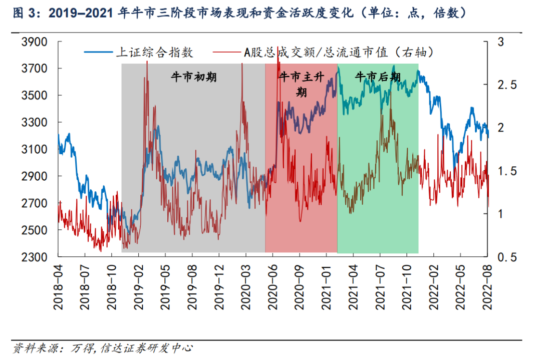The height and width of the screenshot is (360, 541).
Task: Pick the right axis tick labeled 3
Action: pos(500,42)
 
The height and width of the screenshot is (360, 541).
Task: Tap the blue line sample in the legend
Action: pos(98,52)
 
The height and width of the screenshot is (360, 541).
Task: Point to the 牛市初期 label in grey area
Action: pos(193,77)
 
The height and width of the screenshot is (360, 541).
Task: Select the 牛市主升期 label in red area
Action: pos(302,84)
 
